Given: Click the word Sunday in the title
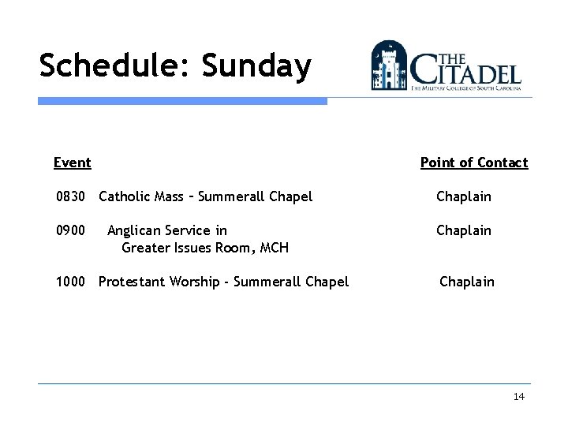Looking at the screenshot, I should click(256, 66).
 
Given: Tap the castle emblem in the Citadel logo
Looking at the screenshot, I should click(389, 65).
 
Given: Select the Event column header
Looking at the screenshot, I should click(72, 163).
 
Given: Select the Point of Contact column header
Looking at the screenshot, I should click(473, 163).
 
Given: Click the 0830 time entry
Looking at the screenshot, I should click(70, 196).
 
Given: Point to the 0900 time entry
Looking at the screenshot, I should click(70, 230).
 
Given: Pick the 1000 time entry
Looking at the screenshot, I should click(70, 282).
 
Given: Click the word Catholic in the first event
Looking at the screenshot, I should click(125, 196).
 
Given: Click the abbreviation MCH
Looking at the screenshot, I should click(274, 248).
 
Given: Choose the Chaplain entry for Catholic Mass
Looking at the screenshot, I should click(464, 196).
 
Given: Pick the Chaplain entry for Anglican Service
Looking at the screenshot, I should click(464, 230).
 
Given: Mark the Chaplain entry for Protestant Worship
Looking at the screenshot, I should click(467, 282).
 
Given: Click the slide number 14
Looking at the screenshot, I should click(518, 397).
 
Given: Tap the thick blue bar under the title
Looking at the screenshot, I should click(182, 101).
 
